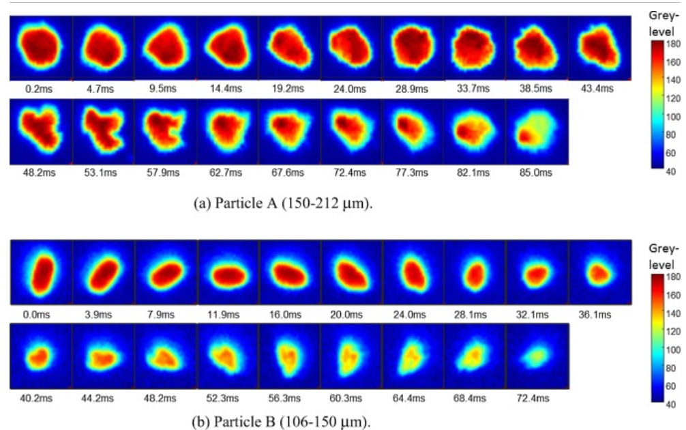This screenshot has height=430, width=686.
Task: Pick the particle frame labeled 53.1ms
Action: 102,131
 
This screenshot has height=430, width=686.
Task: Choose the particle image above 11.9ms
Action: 228,272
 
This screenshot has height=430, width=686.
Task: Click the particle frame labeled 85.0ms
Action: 536,131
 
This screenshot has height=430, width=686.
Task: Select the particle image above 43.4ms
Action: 598,48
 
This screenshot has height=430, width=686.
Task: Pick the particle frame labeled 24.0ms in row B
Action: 413,272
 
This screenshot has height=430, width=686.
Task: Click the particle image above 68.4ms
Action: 475,355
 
